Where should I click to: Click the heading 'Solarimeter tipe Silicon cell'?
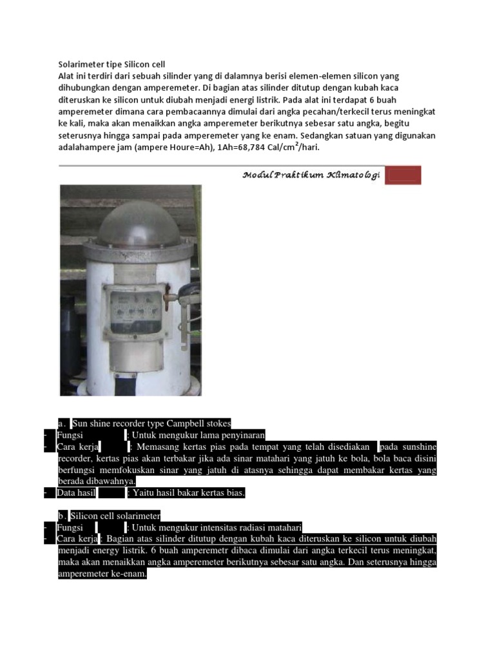click(112, 64)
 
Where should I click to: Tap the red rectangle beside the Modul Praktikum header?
click(403, 175)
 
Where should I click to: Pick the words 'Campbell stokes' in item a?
click(200, 423)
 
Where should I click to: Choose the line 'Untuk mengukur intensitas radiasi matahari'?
click(217, 528)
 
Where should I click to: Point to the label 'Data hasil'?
click(76, 493)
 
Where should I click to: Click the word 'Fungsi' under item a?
click(70, 435)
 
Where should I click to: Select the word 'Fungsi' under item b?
click(70, 528)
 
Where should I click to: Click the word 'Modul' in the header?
click(258, 175)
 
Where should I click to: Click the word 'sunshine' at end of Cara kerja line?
click(418, 447)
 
